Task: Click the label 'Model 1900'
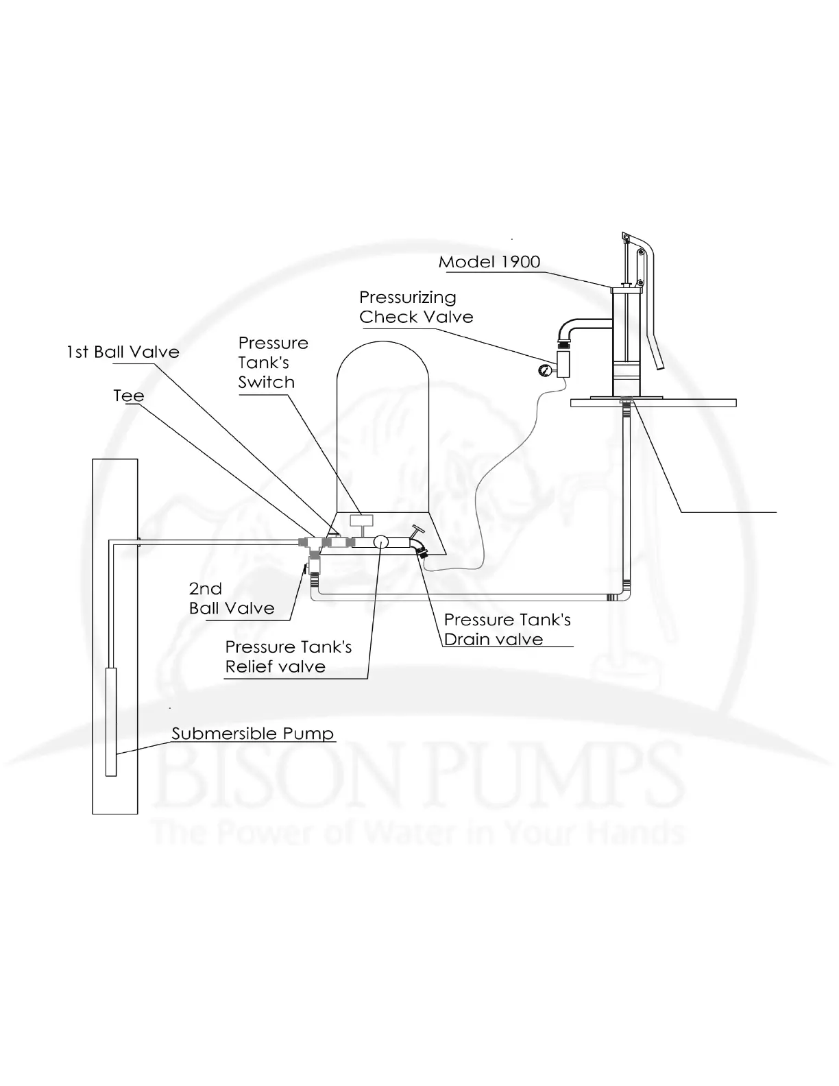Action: (x=489, y=262)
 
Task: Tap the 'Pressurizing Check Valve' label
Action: (x=415, y=307)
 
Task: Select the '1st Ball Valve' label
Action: (x=123, y=352)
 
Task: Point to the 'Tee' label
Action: (x=129, y=396)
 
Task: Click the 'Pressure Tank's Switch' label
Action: (x=272, y=363)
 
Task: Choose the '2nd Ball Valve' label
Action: (x=231, y=599)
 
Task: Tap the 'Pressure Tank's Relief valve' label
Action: (x=288, y=657)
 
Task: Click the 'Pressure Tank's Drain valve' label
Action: (x=507, y=629)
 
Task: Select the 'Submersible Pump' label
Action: (x=252, y=734)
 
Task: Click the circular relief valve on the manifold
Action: (x=381, y=542)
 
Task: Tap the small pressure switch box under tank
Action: (x=361, y=520)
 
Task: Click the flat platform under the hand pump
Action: (x=653, y=403)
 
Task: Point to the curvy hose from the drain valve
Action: (x=480, y=507)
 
